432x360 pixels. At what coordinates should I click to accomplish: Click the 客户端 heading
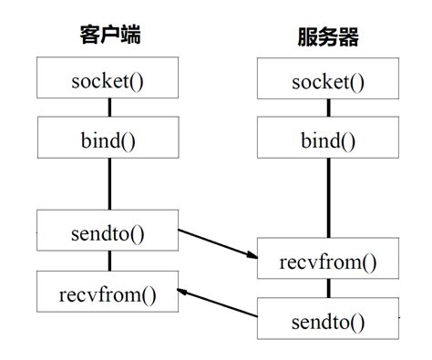point(108,36)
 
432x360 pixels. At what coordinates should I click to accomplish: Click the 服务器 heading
point(328,37)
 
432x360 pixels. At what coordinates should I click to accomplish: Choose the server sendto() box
point(328,320)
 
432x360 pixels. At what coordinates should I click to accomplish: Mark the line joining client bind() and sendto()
point(109,185)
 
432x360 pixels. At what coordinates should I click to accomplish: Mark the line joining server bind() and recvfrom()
point(329,200)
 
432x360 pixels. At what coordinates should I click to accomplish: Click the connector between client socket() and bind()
point(109,109)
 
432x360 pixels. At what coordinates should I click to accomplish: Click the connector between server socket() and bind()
point(329,109)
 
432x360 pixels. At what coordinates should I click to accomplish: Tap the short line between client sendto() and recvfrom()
point(109,261)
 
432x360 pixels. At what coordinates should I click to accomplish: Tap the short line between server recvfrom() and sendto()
point(329,290)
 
